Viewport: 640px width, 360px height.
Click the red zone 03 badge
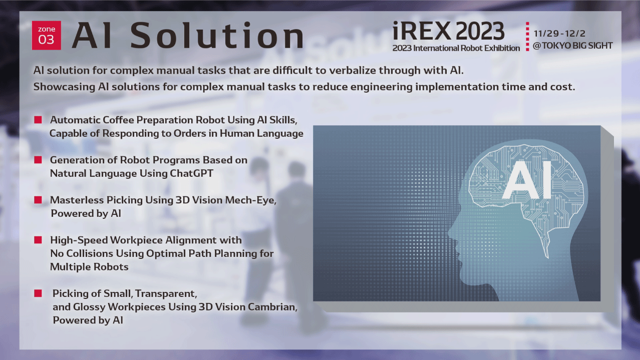(x=46, y=36)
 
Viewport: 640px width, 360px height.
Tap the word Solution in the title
(x=217, y=36)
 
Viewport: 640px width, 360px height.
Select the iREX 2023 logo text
(x=448, y=31)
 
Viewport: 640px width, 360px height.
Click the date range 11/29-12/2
(x=559, y=34)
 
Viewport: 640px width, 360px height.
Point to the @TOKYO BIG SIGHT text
(x=572, y=46)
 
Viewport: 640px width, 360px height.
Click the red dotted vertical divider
(x=527, y=37)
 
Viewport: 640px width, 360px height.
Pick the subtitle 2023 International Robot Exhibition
(x=456, y=48)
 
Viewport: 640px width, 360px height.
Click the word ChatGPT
(x=191, y=173)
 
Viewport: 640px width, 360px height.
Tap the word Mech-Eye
(x=250, y=200)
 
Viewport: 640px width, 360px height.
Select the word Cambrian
(x=272, y=307)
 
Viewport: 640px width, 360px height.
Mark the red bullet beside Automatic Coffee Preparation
(x=38, y=120)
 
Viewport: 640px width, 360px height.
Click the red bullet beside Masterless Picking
(x=38, y=200)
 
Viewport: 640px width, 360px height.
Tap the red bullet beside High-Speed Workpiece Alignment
(x=38, y=240)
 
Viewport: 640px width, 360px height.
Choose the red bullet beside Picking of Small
(x=38, y=293)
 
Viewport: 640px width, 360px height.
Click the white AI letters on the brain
(x=526, y=180)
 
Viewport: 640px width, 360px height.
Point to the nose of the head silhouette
(x=451, y=233)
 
